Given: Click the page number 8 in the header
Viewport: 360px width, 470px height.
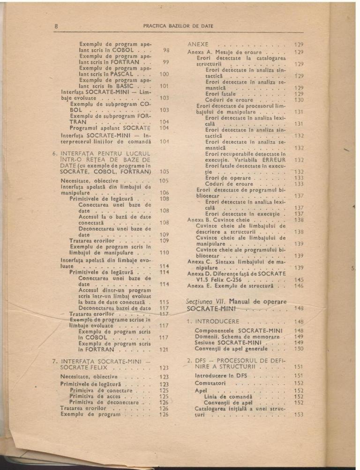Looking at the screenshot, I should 56,26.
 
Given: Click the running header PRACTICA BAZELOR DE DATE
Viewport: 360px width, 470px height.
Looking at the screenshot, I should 178,26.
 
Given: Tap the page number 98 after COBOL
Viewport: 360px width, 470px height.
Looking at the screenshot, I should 165,49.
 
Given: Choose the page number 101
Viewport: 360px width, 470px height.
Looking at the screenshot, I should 164,86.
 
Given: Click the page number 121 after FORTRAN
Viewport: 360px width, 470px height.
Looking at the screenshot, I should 164,349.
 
